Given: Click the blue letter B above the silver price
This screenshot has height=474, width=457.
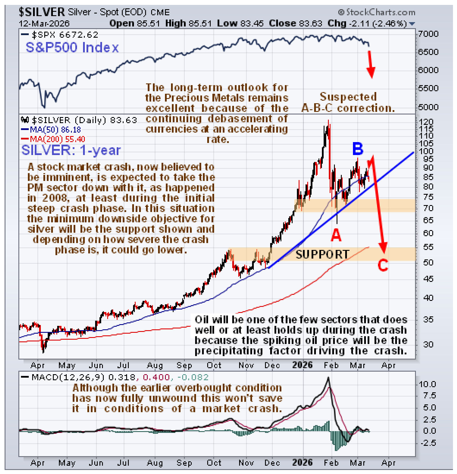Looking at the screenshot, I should [x=358, y=149].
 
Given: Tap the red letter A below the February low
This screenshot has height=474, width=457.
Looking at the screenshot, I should [x=336, y=235].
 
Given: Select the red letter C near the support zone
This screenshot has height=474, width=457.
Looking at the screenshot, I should [x=383, y=265].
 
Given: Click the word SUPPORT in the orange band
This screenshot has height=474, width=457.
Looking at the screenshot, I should [x=322, y=255].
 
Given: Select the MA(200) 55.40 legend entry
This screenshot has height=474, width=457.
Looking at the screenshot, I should [x=53, y=139].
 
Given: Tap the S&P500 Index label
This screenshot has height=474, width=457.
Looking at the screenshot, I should [x=72, y=48].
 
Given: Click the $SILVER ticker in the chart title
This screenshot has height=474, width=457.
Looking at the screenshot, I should [x=42, y=12].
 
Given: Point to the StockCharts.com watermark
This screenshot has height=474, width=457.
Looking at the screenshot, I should [x=377, y=12].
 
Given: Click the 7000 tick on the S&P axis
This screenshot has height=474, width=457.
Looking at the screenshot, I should [x=428, y=34].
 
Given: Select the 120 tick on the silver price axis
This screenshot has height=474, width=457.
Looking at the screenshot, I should [x=428, y=122].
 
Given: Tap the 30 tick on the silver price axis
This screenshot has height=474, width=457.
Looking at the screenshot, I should [x=428, y=344].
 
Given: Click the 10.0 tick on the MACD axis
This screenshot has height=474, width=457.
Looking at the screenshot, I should [x=427, y=384].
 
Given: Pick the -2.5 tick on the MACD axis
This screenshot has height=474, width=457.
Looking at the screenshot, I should [x=428, y=443].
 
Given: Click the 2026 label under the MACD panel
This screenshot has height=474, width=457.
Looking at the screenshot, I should [x=302, y=462].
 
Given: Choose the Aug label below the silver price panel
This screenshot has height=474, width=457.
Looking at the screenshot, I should [x=155, y=365].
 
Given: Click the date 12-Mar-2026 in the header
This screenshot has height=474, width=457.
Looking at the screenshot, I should [x=44, y=24].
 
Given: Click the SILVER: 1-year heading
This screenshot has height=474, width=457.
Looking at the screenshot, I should [x=71, y=150].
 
